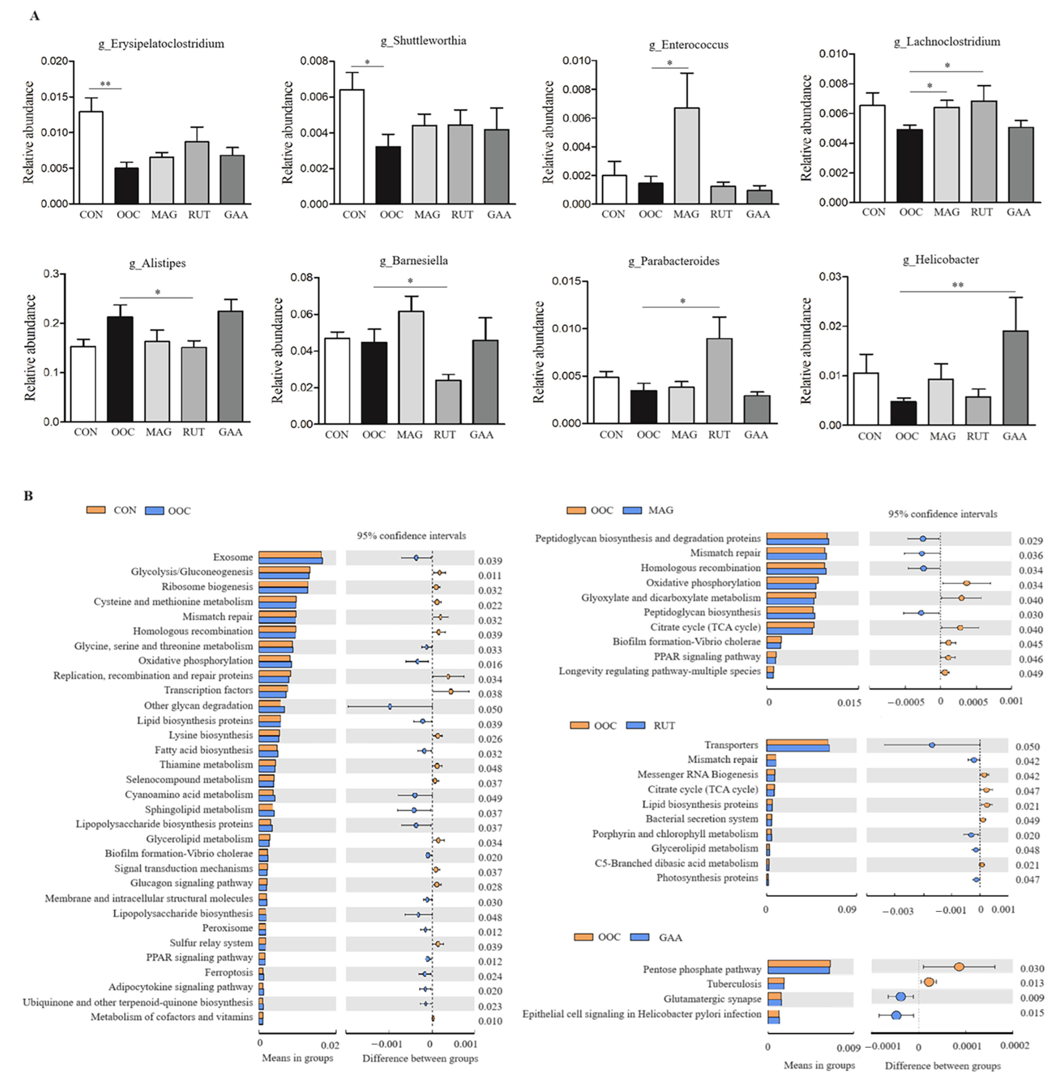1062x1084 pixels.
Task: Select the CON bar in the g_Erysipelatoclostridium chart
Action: pyautogui.click(x=91, y=158)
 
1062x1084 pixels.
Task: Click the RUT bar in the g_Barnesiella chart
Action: pyautogui.click(x=448, y=402)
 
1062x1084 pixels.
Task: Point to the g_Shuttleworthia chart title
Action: pyautogui.click(x=423, y=41)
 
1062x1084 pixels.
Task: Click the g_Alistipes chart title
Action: pyautogui.click(x=157, y=263)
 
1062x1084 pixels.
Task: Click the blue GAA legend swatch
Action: pyautogui.click(x=640, y=937)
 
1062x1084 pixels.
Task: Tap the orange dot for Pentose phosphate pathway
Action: pyautogui.click(x=959, y=967)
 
